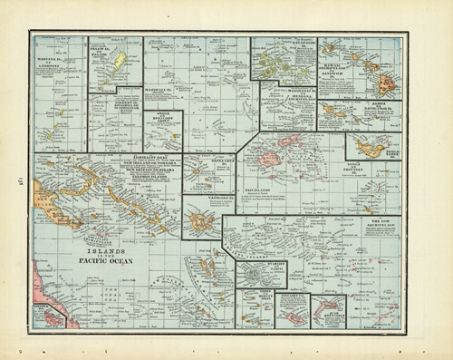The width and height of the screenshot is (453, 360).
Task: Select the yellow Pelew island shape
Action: click(x=119, y=62)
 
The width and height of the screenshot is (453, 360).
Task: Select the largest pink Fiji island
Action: click(x=269, y=158)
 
